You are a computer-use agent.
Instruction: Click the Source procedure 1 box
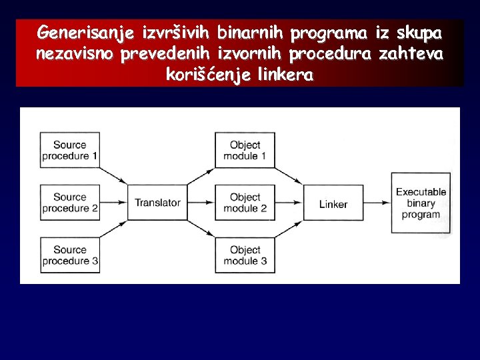[70, 150]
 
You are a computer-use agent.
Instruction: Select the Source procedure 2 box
[70, 203]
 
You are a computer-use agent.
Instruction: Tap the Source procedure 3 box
[70, 255]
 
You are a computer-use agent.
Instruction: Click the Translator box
[157, 203]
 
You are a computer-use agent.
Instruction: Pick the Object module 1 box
[245, 150]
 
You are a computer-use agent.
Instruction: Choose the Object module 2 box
[245, 203]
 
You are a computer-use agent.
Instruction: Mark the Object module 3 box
[245, 255]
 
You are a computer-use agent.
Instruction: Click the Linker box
[333, 203]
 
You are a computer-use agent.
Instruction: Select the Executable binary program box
[421, 203]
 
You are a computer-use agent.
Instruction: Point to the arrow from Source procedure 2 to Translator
[113, 203]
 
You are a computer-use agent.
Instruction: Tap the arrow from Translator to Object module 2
[201, 203]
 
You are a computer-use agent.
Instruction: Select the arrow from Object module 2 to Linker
[289, 203]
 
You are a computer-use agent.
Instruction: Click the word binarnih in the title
[250, 32]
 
